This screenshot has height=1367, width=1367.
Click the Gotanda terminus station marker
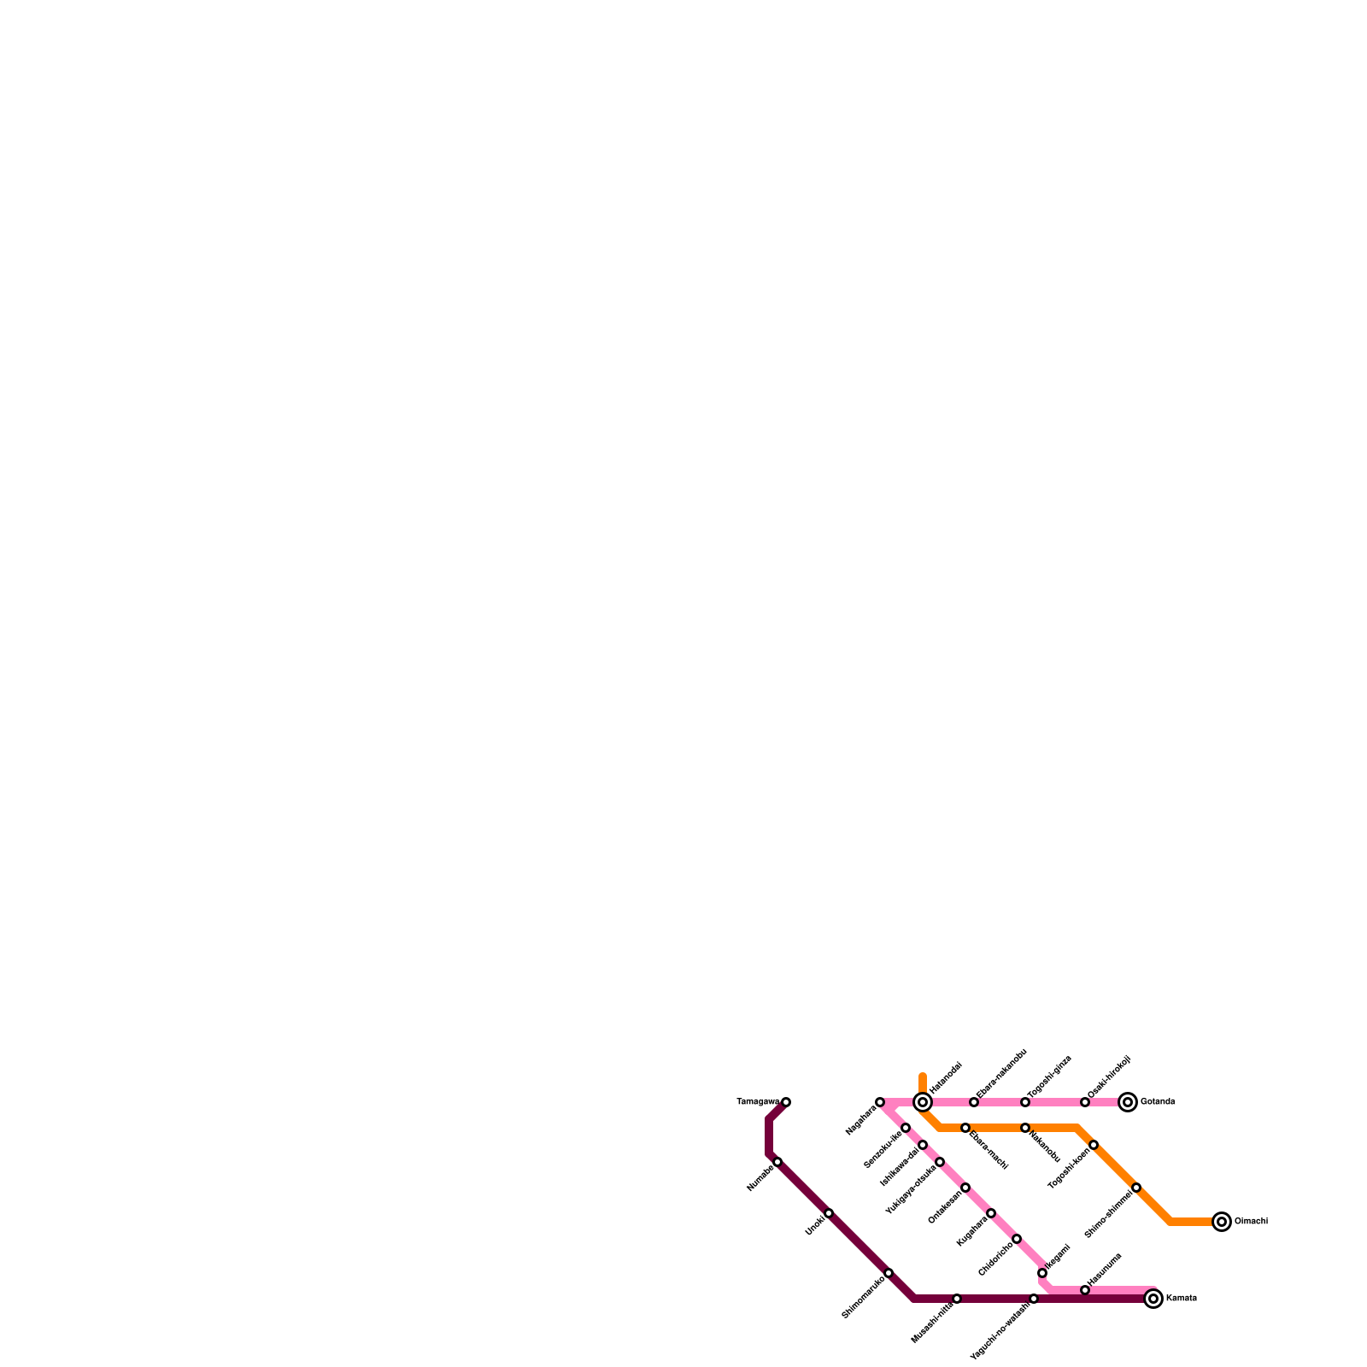pyautogui.click(x=1128, y=1102)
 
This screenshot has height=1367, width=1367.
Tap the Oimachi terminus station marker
pyautogui.click(x=1222, y=1222)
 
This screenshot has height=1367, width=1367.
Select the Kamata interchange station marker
pyautogui.click(x=1153, y=1299)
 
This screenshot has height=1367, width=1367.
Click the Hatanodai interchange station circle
pyautogui.click(x=923, y=1102)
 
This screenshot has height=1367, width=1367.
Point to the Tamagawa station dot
pyautogui.click(x=786, y=1102)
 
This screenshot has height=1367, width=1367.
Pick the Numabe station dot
pyautogui.click(x=777, y=1162)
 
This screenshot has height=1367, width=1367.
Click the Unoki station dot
pyautogui.click(x=829, y=1213)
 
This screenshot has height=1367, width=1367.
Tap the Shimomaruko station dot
pyautogui.click(x=889, y=1273)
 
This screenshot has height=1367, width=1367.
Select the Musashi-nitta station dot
pyautogui.click(x=957, y=1299)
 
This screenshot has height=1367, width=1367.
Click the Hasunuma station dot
pyautogui.click(x=1085, y=1290)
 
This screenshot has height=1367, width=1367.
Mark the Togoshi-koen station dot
pyautogui.click(x=1094, y=1145)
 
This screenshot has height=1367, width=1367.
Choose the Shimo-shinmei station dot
pyautogui.click(x=1136, y=1188)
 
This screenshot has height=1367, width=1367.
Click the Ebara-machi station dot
pyautogui.click(x=965, y=1128)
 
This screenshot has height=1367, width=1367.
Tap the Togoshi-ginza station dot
pyautogui.click(x=1025, y=1102)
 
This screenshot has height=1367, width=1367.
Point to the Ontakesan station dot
pyautogui.click(x=965, y=1188)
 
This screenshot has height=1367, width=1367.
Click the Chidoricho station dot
pyautogui.click(x=1017, y=1239)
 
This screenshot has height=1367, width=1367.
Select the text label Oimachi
pyautogui.click(x=1251, y=1222)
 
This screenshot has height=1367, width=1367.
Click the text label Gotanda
pyautogui.click(x=1158, y=1102)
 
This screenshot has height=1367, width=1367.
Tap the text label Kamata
pyautogui.click(x=1181, y=1299)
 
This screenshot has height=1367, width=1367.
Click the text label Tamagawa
pyautogui.click(x=757, y=1102)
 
